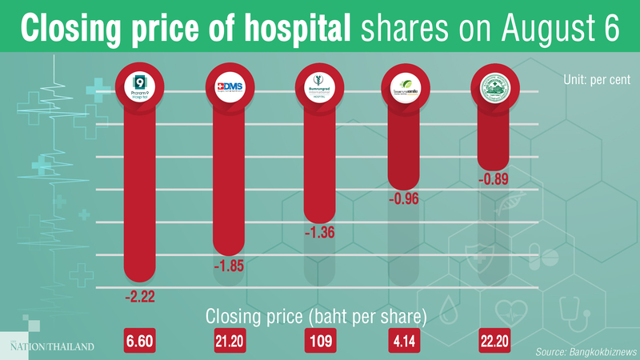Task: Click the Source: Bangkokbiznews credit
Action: pos(579,351)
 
